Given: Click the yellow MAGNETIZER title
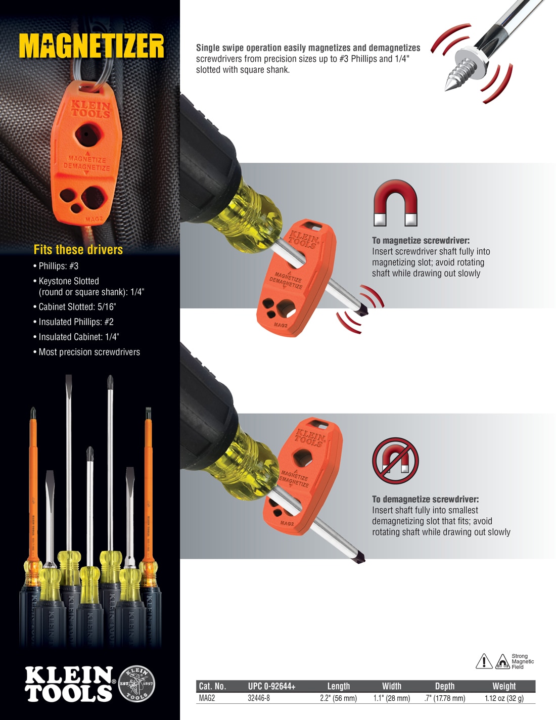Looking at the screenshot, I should coord(91,47).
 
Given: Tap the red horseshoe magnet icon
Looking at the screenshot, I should coord(395,203).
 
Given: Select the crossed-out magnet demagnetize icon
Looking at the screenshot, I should coord(395,461).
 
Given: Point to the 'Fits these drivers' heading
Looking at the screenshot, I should coord(78,249).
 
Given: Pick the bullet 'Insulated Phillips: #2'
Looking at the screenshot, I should coord(76,322).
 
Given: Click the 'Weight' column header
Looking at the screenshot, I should coord(504,686).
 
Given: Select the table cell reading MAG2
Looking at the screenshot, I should coord(207,698).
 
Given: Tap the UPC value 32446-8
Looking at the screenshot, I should coord(259,698).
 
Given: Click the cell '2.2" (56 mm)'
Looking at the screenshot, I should coord(338,698).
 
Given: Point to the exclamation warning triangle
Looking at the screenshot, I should coord(484,661).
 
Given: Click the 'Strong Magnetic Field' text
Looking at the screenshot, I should coord(522,661).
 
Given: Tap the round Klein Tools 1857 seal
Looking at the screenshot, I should coord(136,684).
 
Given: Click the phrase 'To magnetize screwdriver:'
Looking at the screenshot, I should coord(421,241).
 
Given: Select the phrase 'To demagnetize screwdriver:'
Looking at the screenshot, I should coord(425,499).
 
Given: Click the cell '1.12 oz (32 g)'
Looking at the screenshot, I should coord(504,698).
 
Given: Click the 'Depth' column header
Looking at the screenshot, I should coord(445,686).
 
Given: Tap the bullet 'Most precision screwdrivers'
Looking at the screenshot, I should coord(89,352).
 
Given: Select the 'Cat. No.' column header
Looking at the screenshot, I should coord(212,686).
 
